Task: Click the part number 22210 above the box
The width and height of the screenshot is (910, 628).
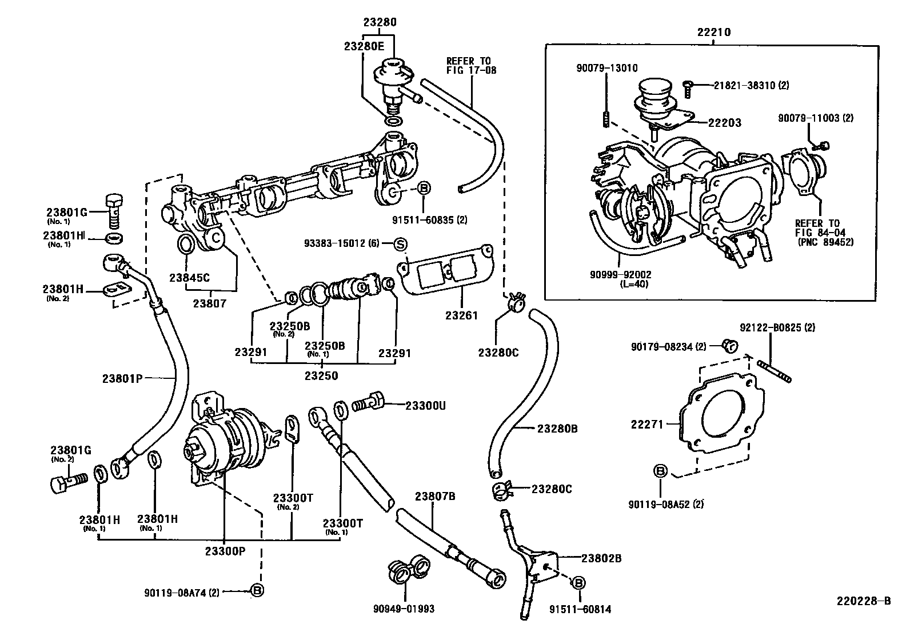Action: tap(713, 33)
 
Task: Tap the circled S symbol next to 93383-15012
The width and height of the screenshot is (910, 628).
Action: tap(401, 245)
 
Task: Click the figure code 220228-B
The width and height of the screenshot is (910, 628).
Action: tap(864, 601)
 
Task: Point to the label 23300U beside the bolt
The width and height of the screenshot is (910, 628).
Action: tap(425, 406)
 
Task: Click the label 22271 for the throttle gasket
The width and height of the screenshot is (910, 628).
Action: tap(647, 425)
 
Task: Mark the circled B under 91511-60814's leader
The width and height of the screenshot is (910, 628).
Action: tap(578, 583)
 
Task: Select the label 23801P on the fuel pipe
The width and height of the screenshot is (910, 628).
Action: tap(122, 378)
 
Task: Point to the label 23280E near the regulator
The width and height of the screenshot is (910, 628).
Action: tap(364, 46)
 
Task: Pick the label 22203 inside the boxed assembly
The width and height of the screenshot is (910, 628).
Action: tap(724, 122)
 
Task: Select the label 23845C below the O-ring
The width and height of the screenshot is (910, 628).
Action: tap(189, 278)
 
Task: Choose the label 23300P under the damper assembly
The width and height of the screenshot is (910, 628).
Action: tap(225, 551)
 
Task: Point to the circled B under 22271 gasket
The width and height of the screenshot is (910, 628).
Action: tap(660, 471)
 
